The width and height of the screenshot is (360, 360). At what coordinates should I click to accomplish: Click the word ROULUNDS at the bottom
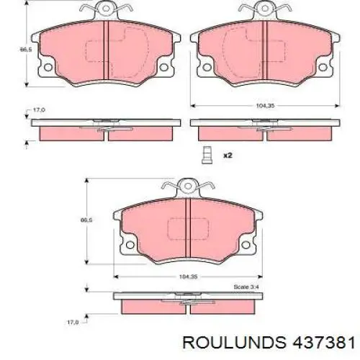235,342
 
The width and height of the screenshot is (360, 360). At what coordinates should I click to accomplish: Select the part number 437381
323,342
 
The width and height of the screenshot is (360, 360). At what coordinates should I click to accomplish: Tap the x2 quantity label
228,156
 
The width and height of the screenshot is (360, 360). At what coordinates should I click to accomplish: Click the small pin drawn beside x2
207,155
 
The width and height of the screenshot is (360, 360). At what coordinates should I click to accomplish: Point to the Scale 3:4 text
246,287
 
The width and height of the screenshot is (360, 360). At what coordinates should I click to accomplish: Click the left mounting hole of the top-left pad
48,67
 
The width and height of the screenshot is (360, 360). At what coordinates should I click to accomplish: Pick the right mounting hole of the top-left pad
164,67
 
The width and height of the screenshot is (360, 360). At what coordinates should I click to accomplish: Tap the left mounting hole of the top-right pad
207,67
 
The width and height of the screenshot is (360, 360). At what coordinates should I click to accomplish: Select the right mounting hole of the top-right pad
323,67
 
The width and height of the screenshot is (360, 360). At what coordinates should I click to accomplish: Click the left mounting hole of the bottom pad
130,245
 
